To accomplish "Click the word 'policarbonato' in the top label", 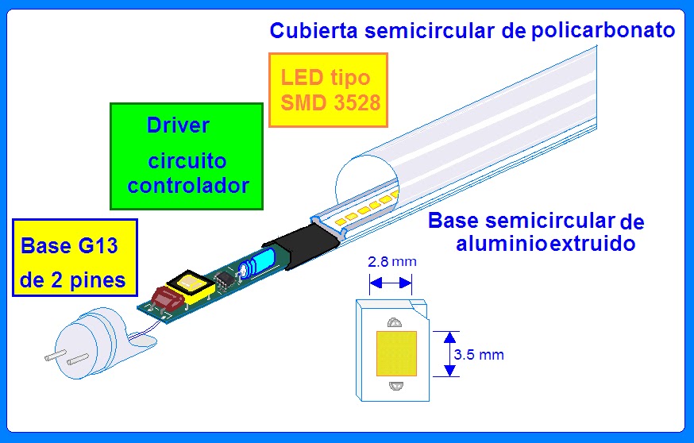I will pos(604,31).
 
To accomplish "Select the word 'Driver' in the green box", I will pos(179,125).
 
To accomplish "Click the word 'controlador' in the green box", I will pos(188,187).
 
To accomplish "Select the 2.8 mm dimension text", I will pos(391,261).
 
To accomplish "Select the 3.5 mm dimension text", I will pos(478,354).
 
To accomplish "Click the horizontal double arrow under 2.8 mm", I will pos(391,282).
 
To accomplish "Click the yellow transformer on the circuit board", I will pos(192,287).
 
